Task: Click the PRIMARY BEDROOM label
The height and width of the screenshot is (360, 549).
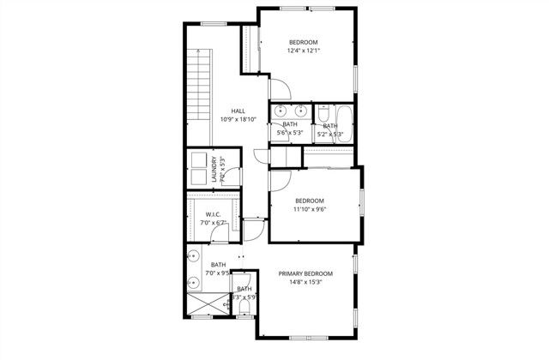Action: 305,273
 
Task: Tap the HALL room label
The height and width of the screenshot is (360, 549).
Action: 238,111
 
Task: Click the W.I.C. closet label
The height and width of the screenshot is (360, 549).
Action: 214,215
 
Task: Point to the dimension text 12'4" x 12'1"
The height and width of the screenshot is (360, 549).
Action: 304,51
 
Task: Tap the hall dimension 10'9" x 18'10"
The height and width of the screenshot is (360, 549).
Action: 238,119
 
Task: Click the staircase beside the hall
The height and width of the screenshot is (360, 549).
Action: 199,94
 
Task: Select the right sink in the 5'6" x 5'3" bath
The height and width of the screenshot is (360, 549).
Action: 300,111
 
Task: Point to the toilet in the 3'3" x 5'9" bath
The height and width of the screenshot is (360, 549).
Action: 245,303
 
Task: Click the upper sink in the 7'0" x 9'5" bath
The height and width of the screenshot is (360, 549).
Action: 195,255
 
